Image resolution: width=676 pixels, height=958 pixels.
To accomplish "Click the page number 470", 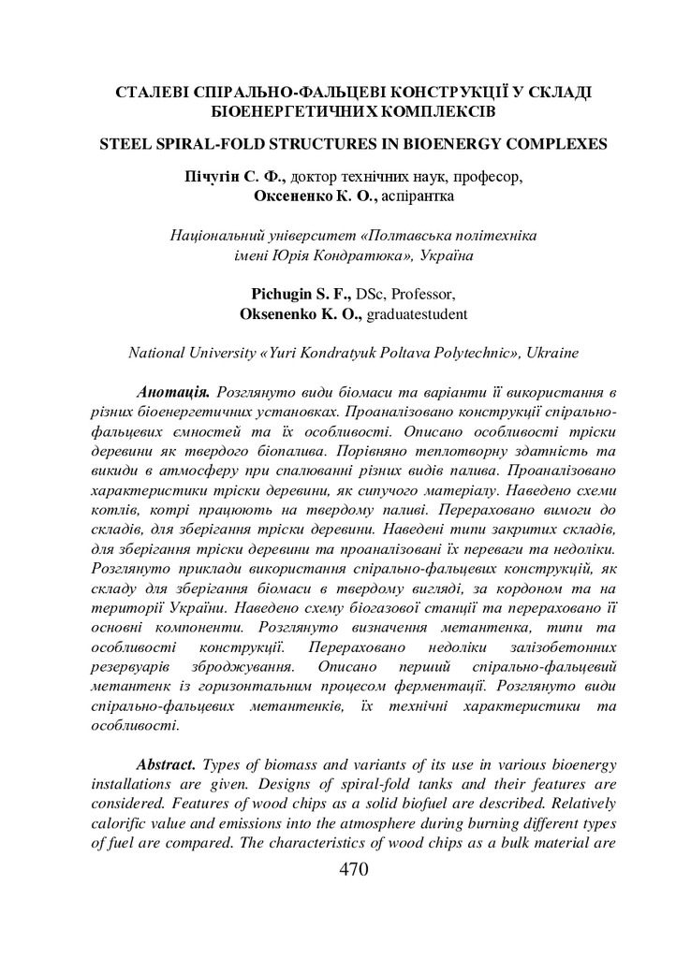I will (353, 869).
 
